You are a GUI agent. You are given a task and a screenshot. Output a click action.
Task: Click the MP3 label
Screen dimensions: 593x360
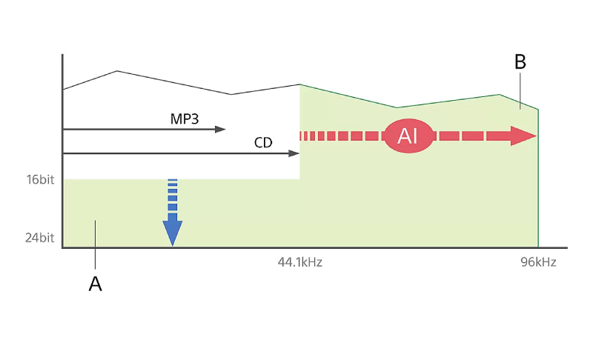[x=184, y=119]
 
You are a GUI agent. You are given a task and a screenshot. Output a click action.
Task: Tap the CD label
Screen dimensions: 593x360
[x=263, y=142]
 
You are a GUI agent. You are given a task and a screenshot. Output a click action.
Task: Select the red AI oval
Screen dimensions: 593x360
[x=408, y=136]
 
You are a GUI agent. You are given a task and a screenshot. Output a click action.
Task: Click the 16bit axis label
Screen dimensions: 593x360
[x=40, y=179]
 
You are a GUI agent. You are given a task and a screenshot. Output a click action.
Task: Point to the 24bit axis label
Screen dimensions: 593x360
[x=40, y=238]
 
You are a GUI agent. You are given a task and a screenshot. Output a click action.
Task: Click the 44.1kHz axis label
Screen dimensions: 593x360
[x=300, y=261]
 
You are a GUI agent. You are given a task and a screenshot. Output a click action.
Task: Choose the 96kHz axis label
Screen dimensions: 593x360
[x=538, y=261]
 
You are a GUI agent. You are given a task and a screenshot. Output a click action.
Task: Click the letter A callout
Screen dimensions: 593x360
[x=96, y=284]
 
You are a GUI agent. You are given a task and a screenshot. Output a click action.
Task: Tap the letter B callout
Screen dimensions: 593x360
[x=520, y=61]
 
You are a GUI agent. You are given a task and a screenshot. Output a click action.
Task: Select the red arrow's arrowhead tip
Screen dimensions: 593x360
[x=536, y=136]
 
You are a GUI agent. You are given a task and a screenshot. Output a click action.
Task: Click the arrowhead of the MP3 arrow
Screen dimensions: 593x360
[x=220, y=130]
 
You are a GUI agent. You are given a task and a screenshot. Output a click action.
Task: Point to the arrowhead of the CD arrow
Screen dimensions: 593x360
[x=294, y=153]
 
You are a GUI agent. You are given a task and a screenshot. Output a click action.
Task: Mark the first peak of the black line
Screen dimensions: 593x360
[x=117, y=70]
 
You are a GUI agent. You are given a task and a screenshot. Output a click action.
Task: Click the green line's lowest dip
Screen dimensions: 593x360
[x=397, y=107]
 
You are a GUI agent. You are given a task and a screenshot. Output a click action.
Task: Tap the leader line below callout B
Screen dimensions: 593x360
[x=520, y=91]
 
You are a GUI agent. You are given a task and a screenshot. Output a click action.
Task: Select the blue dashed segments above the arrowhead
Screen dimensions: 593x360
[x=173, y=195]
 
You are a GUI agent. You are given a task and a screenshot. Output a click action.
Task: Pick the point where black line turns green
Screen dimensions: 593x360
[x=300, y=84]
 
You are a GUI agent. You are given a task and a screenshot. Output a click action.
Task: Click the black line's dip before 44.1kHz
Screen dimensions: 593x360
[x=231, y=94]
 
